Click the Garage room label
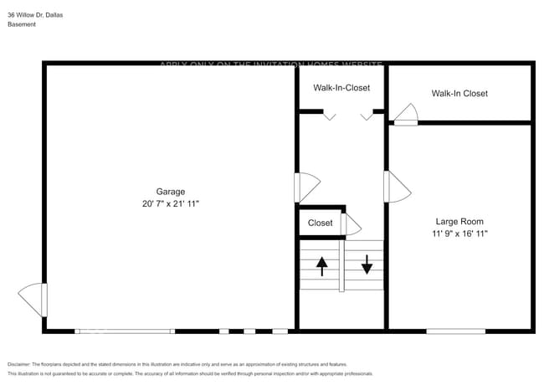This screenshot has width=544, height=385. (x=171, y=191)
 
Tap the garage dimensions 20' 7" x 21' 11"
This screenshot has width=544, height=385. (x=171, y=203)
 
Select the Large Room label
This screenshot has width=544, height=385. (x=459, y=221)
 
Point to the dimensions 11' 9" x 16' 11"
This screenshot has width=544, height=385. (x=459, y=234)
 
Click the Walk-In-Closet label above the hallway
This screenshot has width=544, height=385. (x=341, y=87)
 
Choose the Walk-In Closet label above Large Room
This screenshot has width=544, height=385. (x=459, y=93)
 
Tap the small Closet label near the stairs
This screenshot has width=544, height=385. (x=320, y=223)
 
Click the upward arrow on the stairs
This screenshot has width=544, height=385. (x=321, y=266)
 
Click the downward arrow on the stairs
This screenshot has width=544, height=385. (x=367, y=266)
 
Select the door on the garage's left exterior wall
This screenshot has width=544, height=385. (x=33, y=300)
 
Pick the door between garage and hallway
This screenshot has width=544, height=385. (x=306, y=187)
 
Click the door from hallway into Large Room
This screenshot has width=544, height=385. (x=396, y=186)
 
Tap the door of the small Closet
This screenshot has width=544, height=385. (x=351, y=224)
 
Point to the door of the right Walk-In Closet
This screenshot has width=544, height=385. (x=407, y=116)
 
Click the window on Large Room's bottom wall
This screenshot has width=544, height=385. (x=455, y=331)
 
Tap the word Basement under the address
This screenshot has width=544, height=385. (x=22, y=25)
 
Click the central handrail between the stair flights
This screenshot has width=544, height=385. (x=341, y=265)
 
